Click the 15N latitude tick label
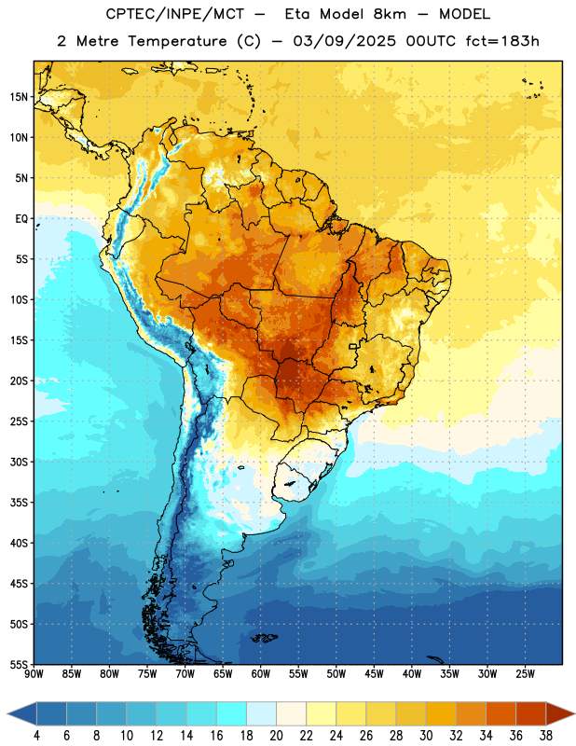click(19, 97)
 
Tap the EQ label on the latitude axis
click(21, 219)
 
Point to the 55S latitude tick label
click(19, 664)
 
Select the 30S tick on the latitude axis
click(19, 462)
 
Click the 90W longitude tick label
click(34, 673)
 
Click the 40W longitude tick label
click(412, 673)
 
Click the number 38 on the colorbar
click(546, 736)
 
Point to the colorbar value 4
click(36, 736)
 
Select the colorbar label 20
click(276, 736)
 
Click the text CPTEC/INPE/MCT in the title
click(174, 14)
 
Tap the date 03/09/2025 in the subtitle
click(344, 41)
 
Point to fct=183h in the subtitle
click(502, 41)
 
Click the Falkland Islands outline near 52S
click(264, 638)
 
